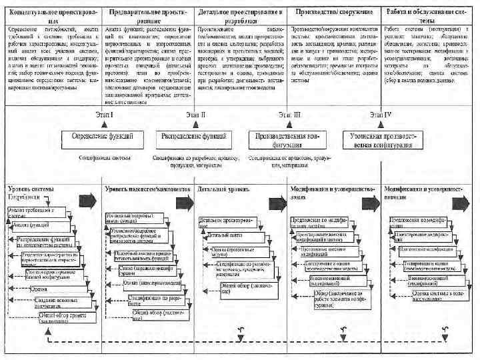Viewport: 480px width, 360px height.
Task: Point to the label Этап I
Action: tap(103, 115)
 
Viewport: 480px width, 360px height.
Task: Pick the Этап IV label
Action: tap(381, 115)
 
